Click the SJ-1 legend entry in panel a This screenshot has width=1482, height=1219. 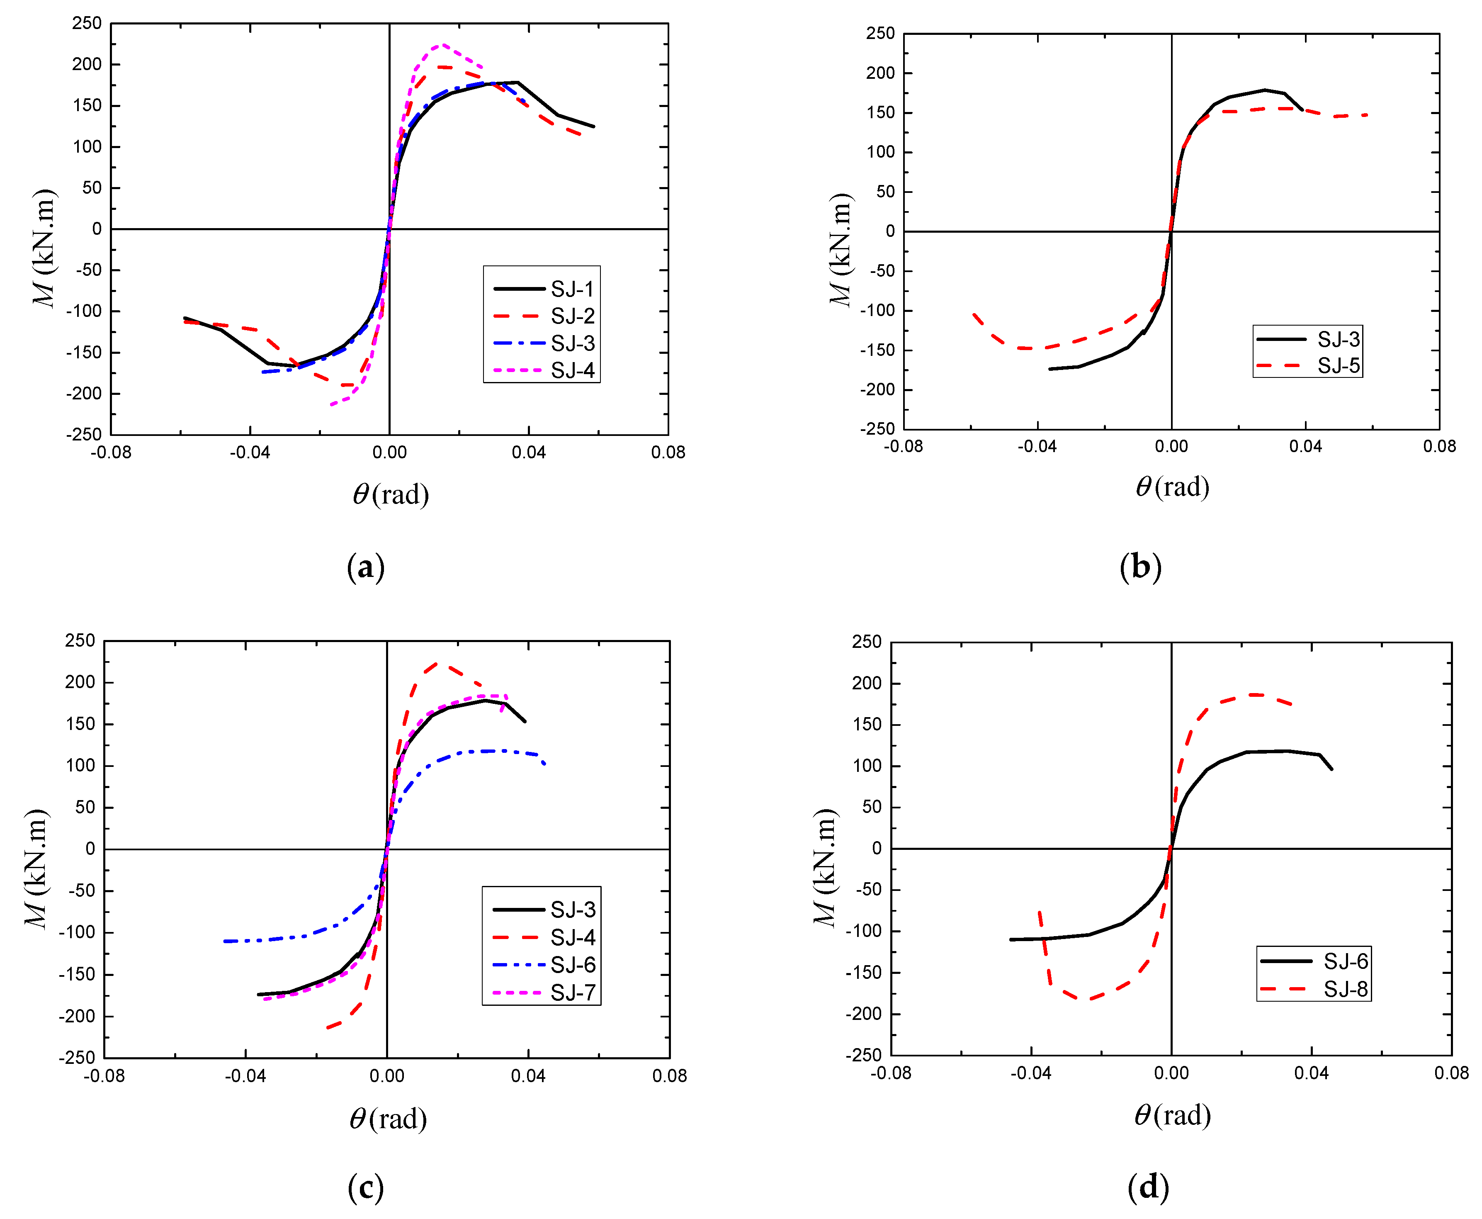tap(544, 289)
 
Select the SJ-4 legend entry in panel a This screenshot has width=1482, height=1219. tap(544, 370)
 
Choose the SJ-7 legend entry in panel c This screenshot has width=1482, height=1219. tap(544, 992)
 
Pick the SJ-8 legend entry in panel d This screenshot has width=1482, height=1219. tap(1313, 989)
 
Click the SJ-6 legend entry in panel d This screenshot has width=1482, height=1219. tap(1313, 961)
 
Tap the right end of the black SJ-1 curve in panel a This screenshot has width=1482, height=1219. tap(594, 127)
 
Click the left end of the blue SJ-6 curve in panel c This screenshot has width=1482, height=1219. tap(225, 941)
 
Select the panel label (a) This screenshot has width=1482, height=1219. tap(366, 567)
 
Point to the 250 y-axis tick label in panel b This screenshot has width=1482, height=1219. tap(880, 33)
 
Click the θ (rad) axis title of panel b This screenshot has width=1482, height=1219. tap(1172, 487)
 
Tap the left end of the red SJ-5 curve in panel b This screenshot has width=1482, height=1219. tap(973, 314)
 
